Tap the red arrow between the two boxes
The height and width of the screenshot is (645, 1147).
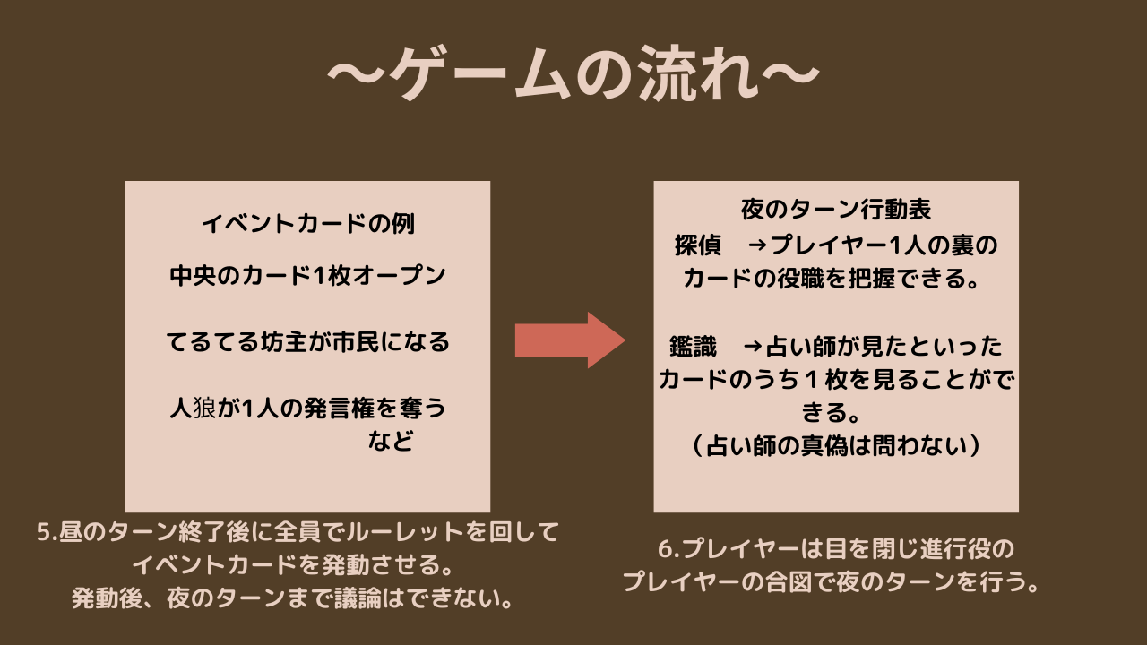tap(570, 340)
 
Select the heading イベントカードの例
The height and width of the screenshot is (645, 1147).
tap(307, 224)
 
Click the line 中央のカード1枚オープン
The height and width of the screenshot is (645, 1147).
tap(307, 276)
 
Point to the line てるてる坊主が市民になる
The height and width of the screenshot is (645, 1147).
tap(307, 342)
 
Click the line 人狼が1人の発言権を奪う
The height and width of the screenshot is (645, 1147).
tap(307, 408)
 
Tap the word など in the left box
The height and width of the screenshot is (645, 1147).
tap(392, 442)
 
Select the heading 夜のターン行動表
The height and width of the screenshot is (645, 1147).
tap(836, 210)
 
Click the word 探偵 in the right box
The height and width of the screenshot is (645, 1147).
tap(698, 245)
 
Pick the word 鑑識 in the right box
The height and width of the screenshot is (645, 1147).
tap(693, 346)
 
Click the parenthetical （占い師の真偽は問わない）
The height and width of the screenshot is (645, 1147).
tap(836, 445)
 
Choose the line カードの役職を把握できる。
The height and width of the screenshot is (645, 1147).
tap(836, 279)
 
